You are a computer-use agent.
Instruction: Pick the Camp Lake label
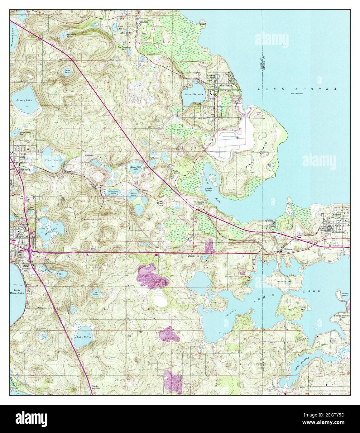pos(67,72)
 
